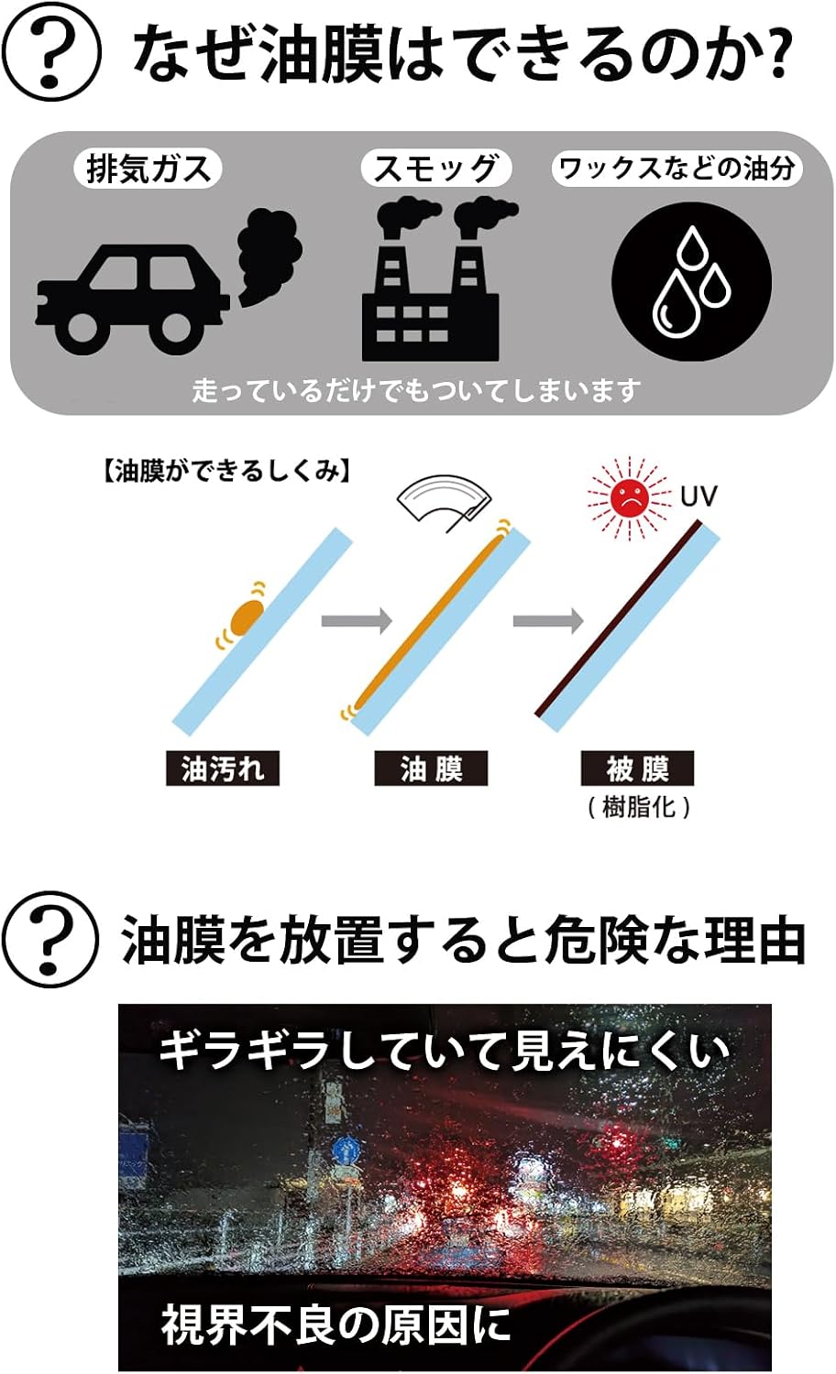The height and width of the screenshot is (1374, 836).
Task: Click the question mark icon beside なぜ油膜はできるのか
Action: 51,53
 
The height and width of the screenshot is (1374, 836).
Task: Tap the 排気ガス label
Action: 148,169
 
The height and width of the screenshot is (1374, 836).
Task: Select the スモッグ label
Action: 435,168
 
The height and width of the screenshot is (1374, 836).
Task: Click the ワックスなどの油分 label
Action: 677,168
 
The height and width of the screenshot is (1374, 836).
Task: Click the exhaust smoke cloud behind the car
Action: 269,255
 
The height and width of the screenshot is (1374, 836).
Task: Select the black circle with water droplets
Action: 692,281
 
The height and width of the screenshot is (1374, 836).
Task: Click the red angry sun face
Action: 629,497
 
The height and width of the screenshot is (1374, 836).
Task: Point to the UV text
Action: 698,496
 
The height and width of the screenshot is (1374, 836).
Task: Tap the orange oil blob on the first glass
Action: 247,617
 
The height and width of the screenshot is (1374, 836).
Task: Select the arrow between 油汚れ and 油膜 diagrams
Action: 357,620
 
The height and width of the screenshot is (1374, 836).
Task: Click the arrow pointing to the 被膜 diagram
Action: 548,620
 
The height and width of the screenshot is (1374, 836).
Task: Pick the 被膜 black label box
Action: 637,768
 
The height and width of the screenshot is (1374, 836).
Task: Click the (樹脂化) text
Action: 638,807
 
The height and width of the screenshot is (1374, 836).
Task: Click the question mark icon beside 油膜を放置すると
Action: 50,940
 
